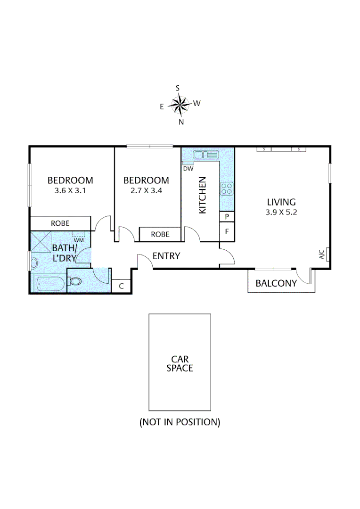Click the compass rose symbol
tap(180, 105)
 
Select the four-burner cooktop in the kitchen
tap(226, 189)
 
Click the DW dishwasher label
tap(188, 168)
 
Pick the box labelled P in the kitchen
tap(227, 217)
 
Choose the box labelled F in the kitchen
tap(227, 232)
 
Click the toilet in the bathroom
tap(75, 281)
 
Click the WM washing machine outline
tap(78, 236)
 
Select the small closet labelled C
tap(121, 286)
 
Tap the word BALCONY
tap(276, 283)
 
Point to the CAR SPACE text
tap(180, 364)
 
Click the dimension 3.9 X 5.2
tap(281, 212)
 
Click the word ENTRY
tap(166, 256)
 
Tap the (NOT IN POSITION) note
tap(180, 422)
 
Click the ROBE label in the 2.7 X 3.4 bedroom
tap(160, 234)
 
